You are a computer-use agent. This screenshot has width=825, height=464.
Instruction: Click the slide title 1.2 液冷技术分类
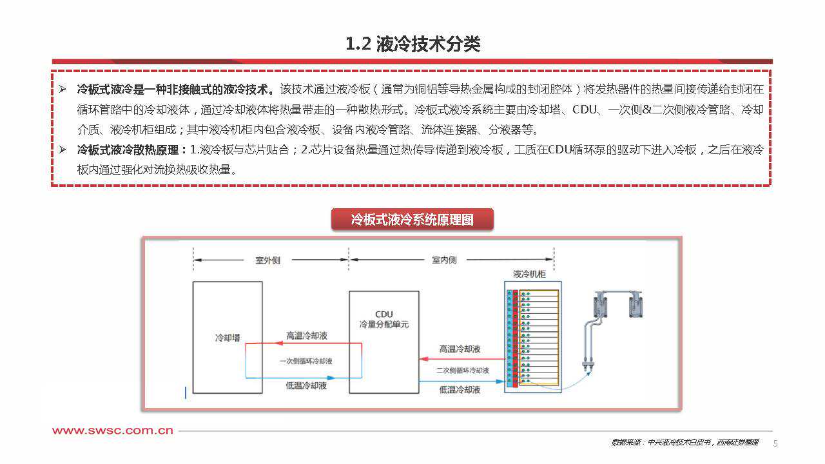[x=412, y=44]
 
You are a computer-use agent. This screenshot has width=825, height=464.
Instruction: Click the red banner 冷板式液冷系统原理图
[x=412, y=220]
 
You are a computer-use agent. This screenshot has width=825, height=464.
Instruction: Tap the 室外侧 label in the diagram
[x=268, y=260]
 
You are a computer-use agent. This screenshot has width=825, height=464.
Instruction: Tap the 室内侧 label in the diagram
[x=444, y=260]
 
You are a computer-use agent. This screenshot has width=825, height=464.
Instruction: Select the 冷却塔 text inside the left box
[x=227, y=337]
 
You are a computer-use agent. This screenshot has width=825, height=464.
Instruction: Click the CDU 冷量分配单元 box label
[x=383, y=320]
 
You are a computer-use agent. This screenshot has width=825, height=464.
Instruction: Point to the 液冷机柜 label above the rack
[x=529, y=275]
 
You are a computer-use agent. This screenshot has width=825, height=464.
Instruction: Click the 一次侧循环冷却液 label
[x=306, y=361]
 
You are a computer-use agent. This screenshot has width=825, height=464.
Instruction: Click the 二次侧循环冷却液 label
[x=462, y=371]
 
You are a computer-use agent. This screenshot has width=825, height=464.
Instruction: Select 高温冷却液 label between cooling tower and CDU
[x=307, y=336]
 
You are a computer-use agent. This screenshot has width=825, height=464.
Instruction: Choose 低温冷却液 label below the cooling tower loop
[x=306, y=386]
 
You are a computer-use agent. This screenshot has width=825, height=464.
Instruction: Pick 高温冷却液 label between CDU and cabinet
[x=460, y=349]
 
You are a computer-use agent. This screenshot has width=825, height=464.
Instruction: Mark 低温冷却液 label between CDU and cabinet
[x=460, y=390]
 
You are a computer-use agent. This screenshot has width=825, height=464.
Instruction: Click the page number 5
[x=775, y=443]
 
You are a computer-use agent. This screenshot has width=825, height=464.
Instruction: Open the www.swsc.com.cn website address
[x=113, y=430]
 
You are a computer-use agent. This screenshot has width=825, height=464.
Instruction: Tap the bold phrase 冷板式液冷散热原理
[x=131, y=150]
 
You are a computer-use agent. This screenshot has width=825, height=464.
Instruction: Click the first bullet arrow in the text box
[x=63, y=89]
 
